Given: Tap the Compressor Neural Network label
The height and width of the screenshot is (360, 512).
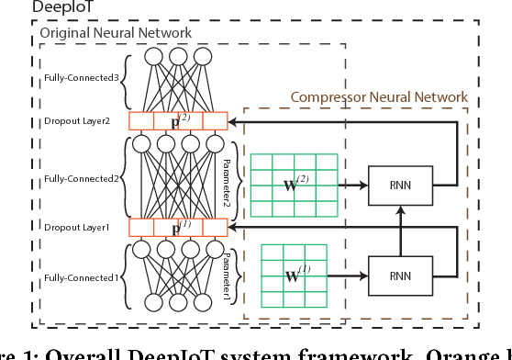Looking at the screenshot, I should pos(379,96).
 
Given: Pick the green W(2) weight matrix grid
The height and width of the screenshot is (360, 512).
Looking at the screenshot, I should pos(288,183).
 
